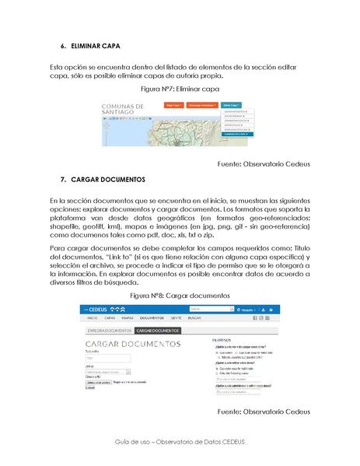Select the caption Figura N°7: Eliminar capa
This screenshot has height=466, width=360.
click(x=180, y=90)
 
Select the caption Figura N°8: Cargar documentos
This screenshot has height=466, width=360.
click(x=180, y=296)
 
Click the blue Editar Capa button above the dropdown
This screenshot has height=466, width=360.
click(x=232, y=104)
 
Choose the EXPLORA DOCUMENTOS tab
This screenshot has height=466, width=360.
click(x=108, y=331)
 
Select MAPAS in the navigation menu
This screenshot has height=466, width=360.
click(x=128, y=319)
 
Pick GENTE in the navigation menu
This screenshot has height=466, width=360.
click(x=177, y=319)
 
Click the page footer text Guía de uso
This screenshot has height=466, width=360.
click(x=180, y=441)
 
